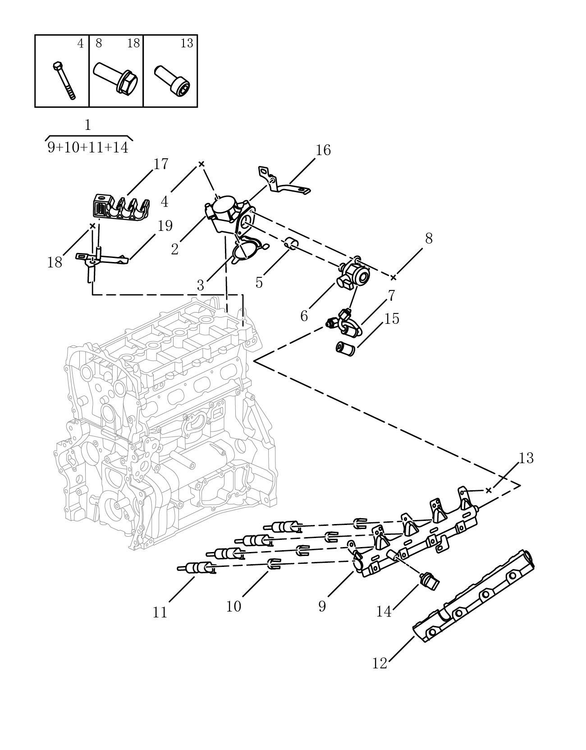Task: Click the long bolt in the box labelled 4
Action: [x=64, y=81]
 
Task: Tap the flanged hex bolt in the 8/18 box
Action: [x=116, y=77]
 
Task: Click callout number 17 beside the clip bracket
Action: [x=161, y=164]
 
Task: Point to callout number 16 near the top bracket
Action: [x=323, y=150]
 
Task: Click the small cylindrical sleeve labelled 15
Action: [x=345, y=349]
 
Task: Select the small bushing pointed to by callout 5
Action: [x=291, y=242]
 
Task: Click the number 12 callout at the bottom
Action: [x=380, y=663]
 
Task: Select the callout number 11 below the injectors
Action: [x=160, y=612]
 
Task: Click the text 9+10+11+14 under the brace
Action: [x=88, y=148]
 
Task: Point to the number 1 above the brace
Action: [x=88, y=125]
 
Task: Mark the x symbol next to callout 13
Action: [x=488, y=490]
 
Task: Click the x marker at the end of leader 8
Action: [x=393, y=277]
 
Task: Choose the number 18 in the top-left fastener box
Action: [x=133, y=43]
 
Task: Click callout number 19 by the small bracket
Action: [x=165, y=226]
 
